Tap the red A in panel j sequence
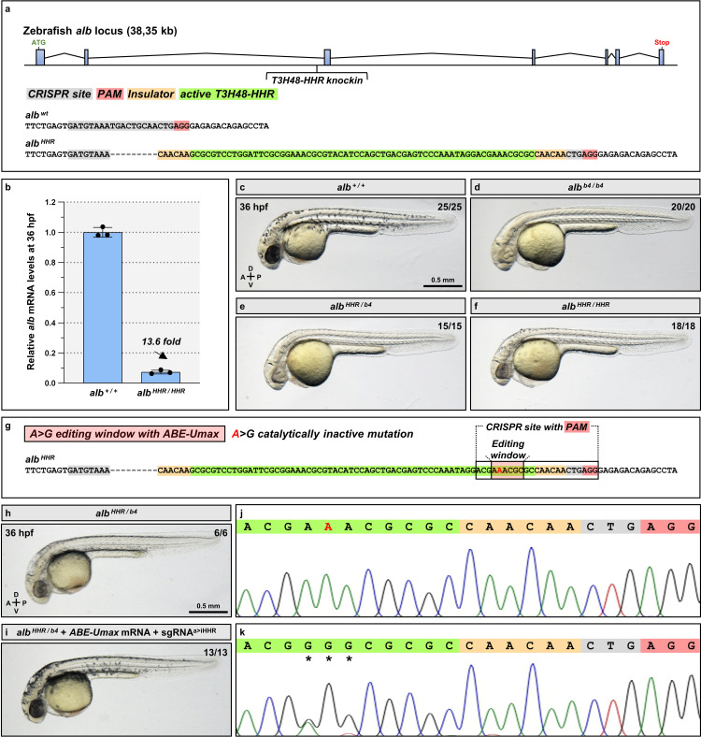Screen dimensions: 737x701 pos(327,527)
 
